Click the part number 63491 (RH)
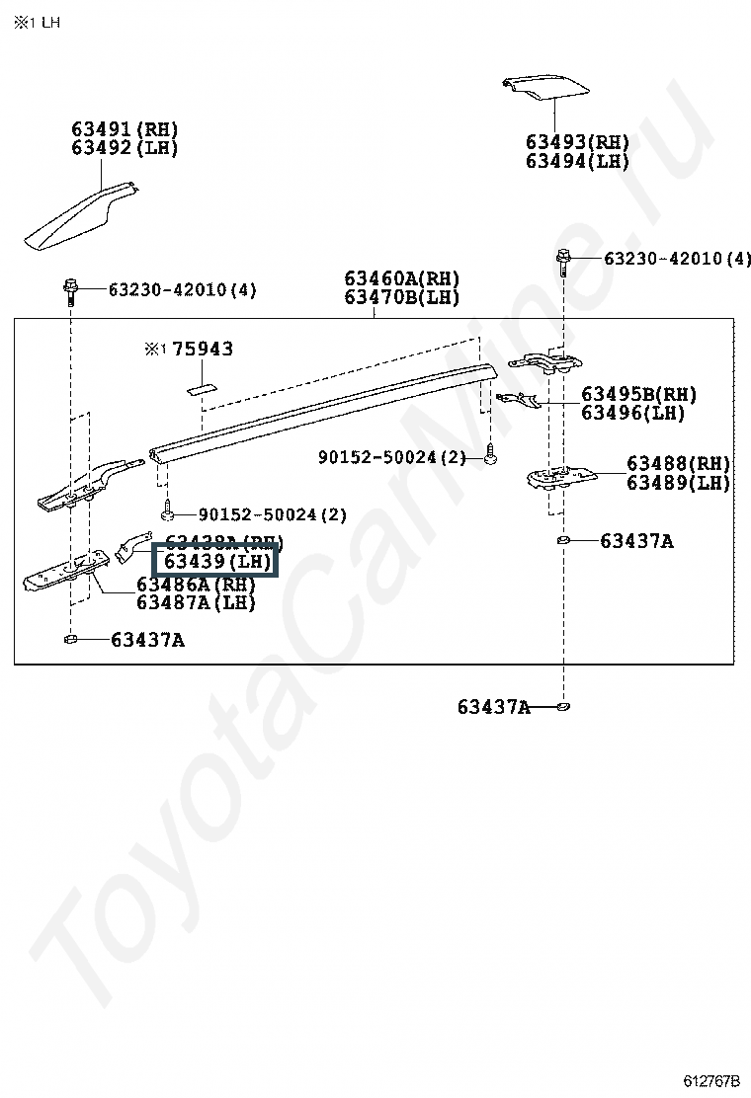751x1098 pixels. point(125,129)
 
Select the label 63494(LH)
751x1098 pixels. point(577,161)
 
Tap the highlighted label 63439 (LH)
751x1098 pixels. point(216,562)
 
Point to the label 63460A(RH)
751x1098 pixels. point(402,279)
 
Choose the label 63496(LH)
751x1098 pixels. point(632,413)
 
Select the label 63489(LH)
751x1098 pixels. point(678,483)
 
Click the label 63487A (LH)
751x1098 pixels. point(196,602)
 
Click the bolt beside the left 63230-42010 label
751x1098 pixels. point(70,290)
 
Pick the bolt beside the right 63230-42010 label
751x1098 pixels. point(562,260)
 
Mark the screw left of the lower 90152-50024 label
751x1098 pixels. point(169,512)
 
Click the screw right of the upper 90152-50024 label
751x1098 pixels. point(491,456)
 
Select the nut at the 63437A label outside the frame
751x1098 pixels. point(562,706)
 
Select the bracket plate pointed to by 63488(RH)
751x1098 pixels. point(558,477)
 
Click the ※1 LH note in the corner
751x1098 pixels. point(37,22)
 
